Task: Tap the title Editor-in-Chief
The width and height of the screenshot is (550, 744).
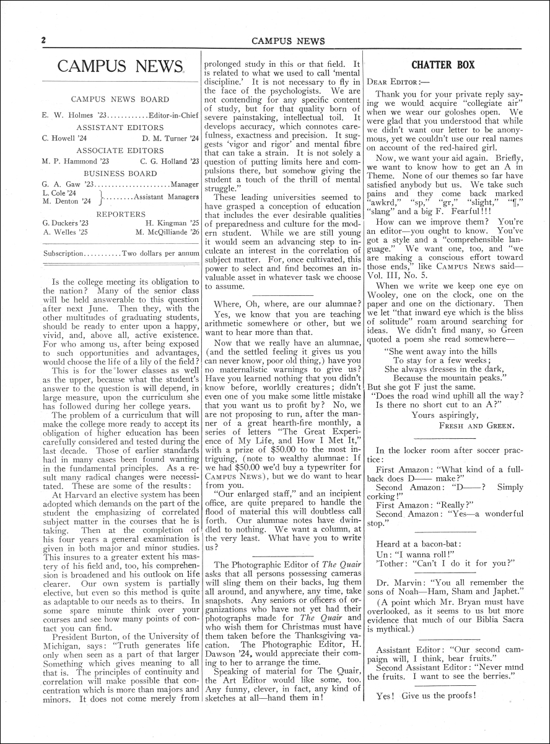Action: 174,115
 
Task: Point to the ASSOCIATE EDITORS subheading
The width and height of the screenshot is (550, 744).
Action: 120,150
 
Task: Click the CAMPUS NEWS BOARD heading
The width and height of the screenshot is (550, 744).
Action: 120,99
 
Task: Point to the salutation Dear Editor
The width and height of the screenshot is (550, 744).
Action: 394,81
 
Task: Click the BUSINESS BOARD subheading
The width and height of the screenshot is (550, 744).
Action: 120,173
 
